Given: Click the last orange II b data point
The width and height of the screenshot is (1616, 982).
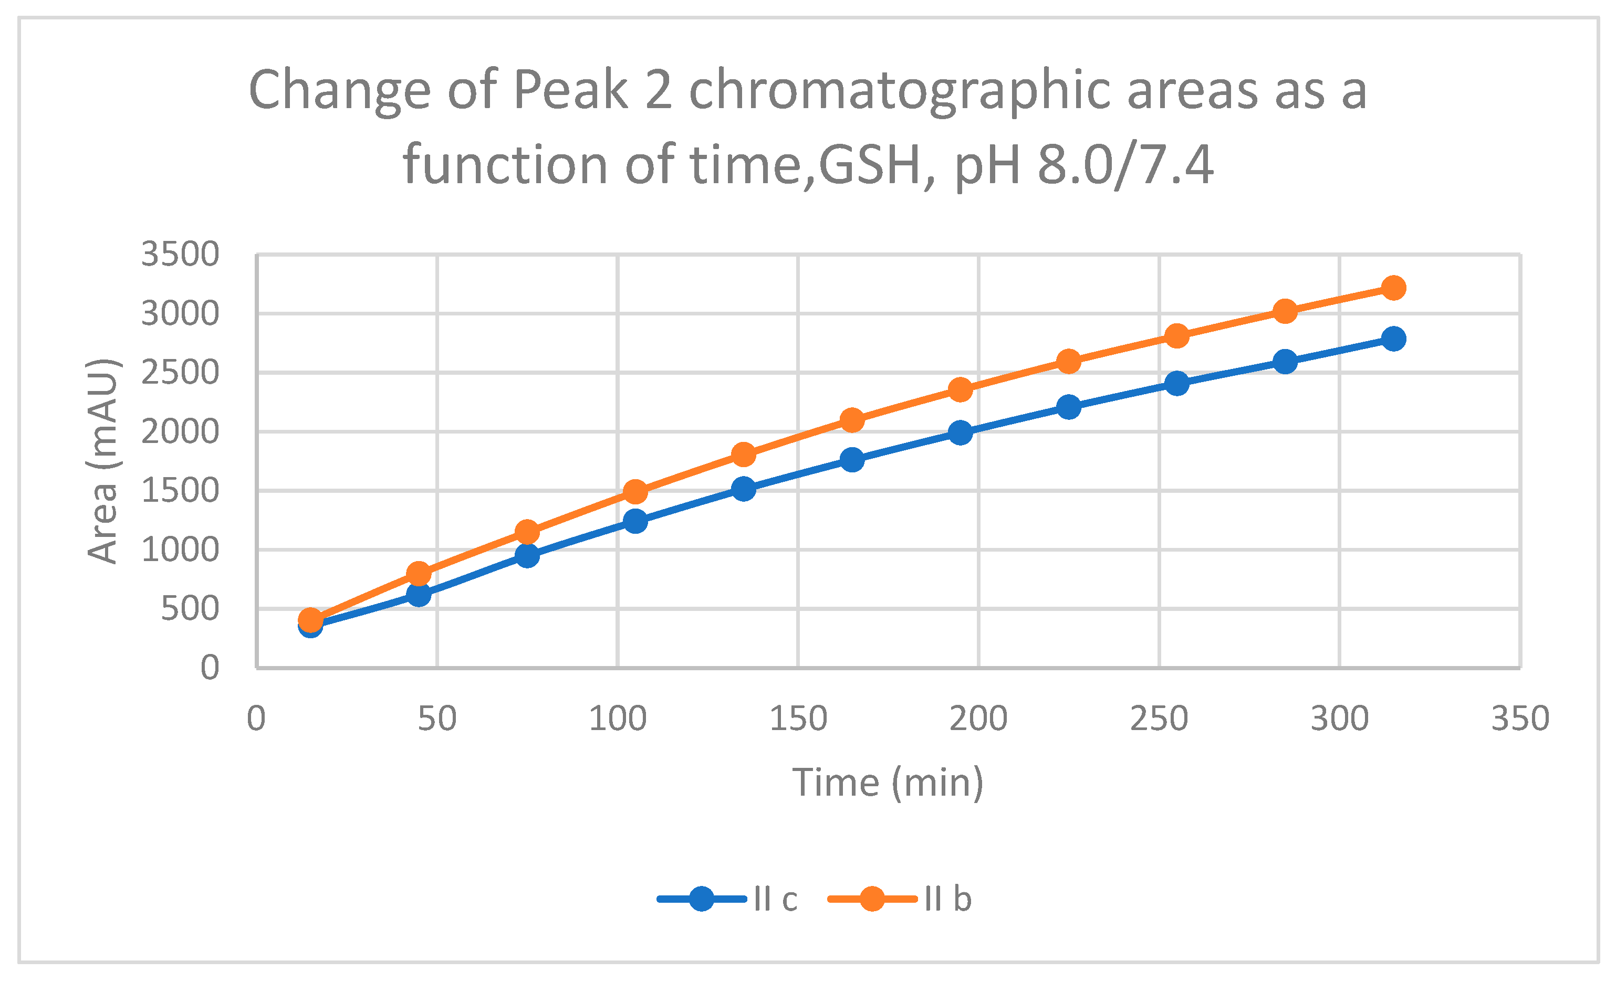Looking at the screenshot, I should pos(1393,288).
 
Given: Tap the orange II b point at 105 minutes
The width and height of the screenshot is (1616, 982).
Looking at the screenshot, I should pos(635,491).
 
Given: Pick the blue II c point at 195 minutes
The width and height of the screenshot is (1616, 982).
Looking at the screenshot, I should pos(960,432).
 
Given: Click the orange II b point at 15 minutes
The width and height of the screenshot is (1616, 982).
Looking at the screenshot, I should pos(310,619).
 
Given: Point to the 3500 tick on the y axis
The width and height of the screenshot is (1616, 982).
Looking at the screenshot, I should pos(180,255).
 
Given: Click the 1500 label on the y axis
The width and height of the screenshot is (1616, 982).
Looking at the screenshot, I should pos(180,490).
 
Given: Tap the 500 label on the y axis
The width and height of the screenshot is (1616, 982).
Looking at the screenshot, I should pos(190,608).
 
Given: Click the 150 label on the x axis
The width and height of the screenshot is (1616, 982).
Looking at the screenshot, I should pos(798,719).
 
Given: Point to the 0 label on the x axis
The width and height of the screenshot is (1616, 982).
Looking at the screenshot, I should pos(256,719).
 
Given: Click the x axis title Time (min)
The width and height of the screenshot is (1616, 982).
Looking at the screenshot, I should pos(888,782).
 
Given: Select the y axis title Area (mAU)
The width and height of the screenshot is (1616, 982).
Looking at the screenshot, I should pos(103,461).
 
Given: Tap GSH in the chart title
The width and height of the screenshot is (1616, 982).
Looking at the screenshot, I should pos(872,165).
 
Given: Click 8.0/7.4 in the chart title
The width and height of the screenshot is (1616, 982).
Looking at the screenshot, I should pos(1125,165).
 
